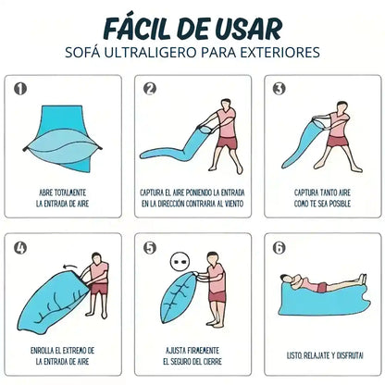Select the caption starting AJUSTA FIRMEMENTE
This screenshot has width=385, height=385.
(192, 356)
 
